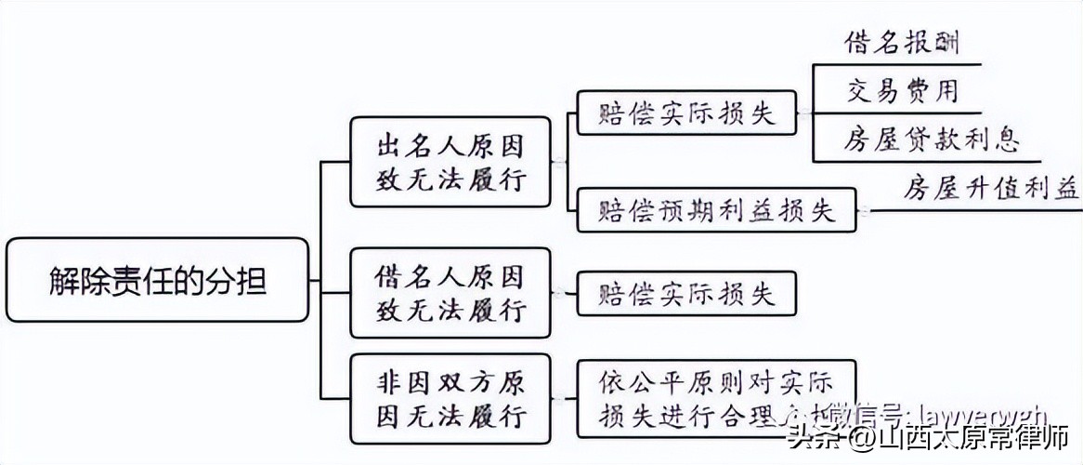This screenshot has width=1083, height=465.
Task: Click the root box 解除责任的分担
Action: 157,280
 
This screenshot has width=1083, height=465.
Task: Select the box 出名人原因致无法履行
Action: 450,162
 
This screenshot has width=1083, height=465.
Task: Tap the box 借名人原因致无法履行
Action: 450,292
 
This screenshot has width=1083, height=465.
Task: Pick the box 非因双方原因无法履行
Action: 450,397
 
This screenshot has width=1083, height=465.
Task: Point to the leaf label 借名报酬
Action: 901,42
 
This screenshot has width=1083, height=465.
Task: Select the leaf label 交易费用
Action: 901,90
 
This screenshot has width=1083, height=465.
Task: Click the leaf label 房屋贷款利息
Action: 932,139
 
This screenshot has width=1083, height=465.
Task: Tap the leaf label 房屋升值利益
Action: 990,189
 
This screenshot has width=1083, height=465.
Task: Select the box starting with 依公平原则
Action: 715,397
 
